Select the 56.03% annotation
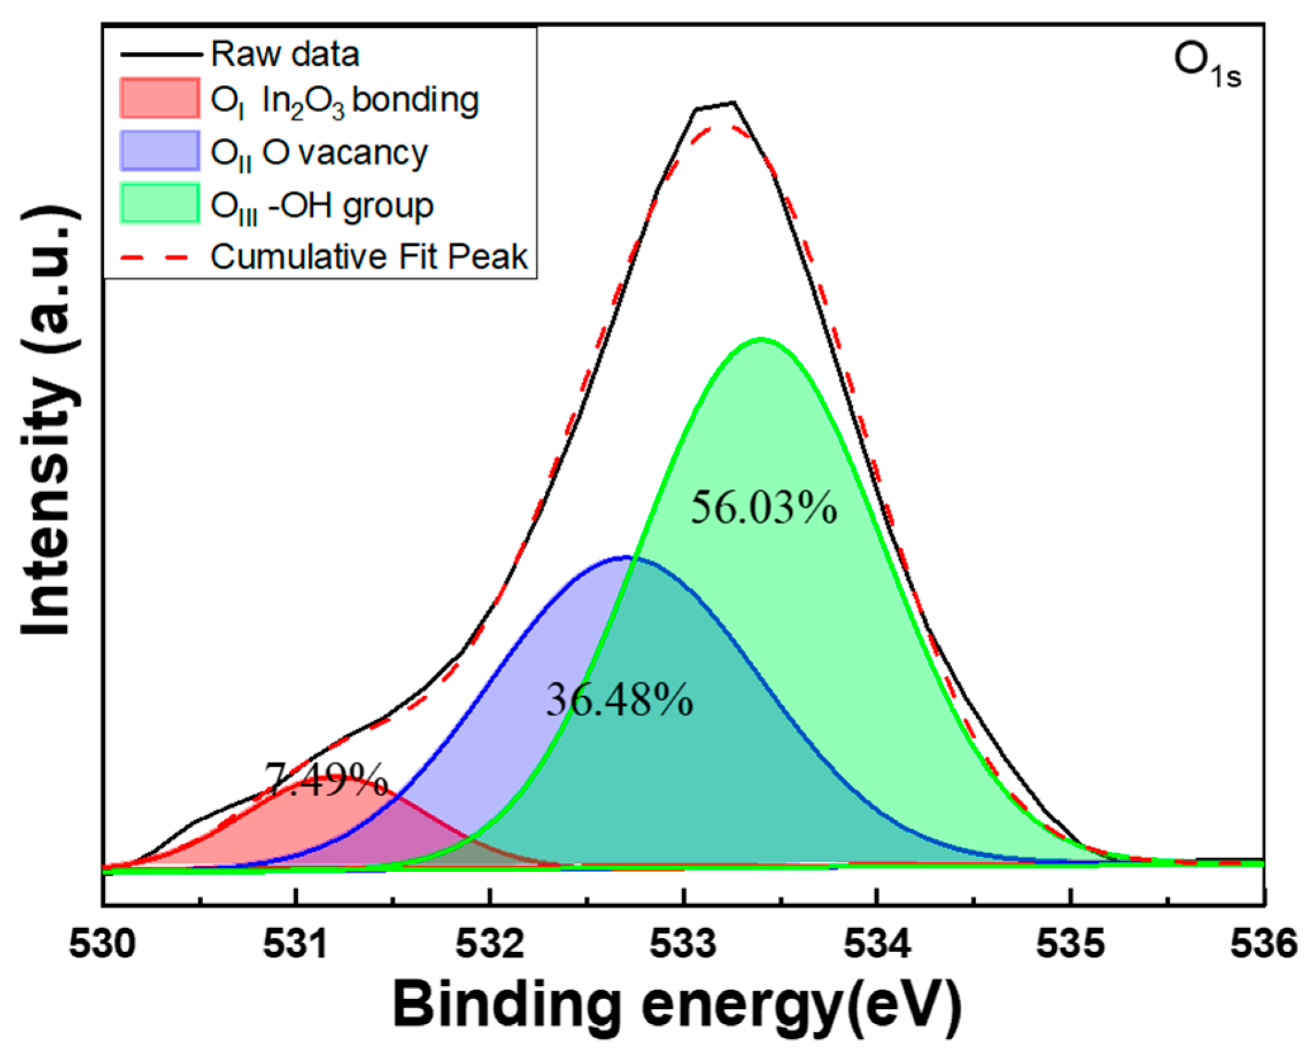(x=763, y=508)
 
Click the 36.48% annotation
(x=620, y=701)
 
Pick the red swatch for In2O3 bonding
(x=160, y=98)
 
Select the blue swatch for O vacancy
(x=160, y=151)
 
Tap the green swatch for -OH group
(x=160, y=203)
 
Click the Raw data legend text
(x=285, y=54)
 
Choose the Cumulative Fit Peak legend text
(x=369, y=257)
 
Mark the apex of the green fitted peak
(x=761, y=339)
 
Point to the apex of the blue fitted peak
(x=626, y=557)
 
